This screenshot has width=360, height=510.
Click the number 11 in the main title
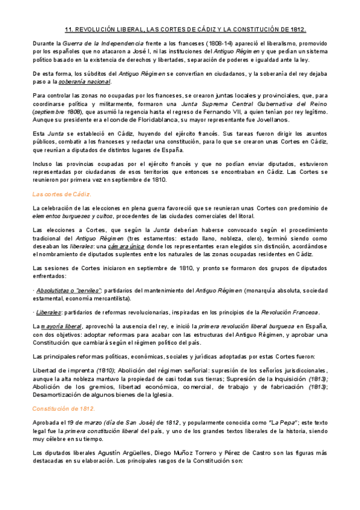click(68, 29)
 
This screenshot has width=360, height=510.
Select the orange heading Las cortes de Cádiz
click(62, 194)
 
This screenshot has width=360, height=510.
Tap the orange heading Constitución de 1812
click(64, 408)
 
